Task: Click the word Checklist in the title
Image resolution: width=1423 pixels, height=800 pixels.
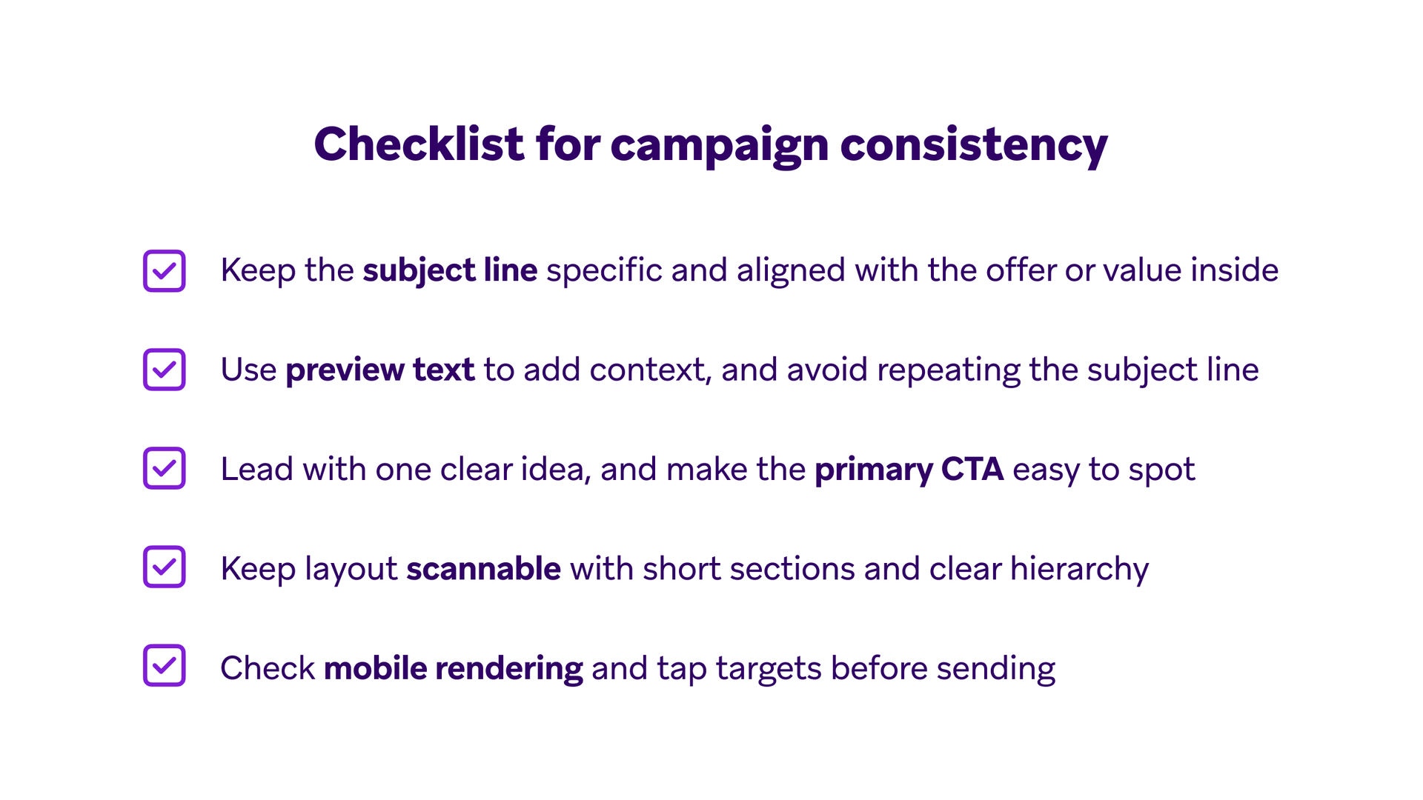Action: (x=419, y=144)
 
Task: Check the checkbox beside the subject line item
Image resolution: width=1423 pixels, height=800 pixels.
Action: (x=164, y=271)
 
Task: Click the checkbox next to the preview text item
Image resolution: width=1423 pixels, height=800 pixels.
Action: (x=164, y=370)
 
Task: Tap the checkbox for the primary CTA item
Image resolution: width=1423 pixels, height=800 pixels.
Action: (x=164, y=468)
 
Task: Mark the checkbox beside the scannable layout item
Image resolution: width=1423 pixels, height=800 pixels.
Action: (x=164, y=567)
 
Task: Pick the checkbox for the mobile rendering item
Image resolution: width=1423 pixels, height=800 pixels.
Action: (x=164, y=665)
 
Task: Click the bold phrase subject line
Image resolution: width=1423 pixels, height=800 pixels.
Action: (x=450, y=270)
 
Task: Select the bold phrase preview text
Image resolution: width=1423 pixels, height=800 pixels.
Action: (x=379, y=370)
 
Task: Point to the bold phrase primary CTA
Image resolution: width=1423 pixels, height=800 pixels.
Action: (x=909, y=469)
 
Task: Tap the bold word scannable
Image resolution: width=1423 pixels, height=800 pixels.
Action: (x=483, y=569)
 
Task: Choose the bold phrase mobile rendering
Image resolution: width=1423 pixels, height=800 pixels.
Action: (x=453, y=668)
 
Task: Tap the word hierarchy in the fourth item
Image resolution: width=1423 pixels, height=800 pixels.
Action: (x=1079, y=569)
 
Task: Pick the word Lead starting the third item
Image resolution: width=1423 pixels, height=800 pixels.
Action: (x=256, y=469)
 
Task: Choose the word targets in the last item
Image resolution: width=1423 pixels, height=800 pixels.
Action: (x=769, y=668)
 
